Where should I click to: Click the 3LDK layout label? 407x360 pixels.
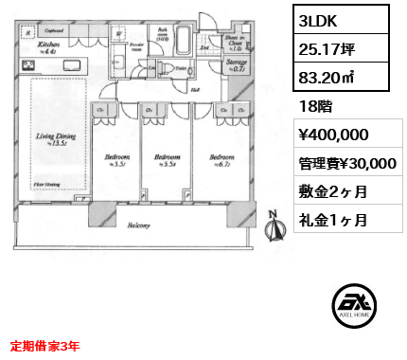319,19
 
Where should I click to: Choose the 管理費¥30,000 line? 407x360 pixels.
345,163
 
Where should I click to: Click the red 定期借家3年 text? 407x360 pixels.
45,345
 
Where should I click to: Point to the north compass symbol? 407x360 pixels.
275,226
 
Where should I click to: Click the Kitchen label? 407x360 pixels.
48,45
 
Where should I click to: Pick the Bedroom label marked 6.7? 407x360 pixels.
223,159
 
